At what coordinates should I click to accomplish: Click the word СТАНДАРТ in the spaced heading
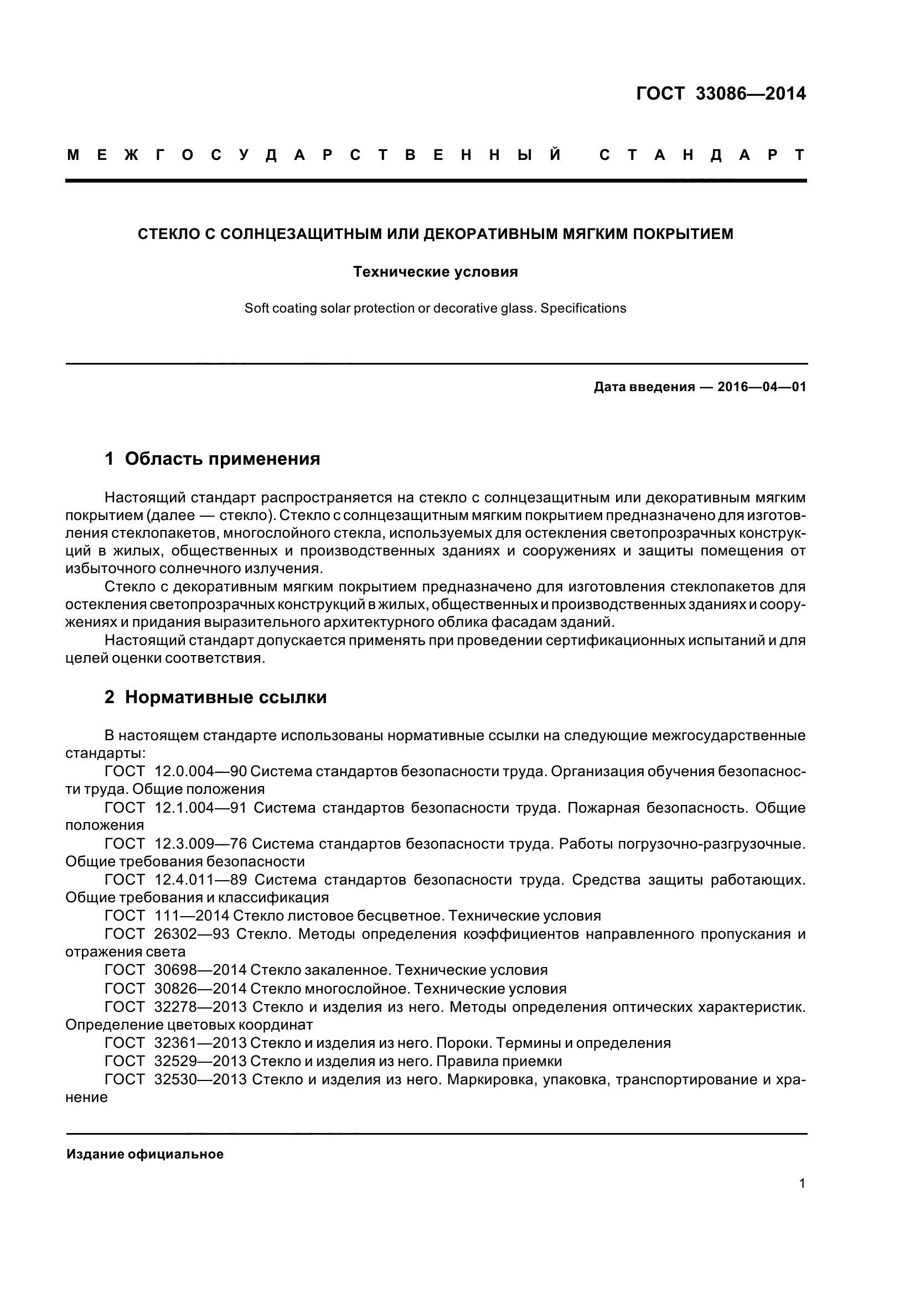[702, 155]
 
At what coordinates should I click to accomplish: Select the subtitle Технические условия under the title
[435, 272]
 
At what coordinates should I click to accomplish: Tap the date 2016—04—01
[762, 387]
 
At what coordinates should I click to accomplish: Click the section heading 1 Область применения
[213, 459]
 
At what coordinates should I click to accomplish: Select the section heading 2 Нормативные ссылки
[216, 697]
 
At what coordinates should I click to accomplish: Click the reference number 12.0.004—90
[200, 771]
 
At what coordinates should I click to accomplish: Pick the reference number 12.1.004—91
[200, 808]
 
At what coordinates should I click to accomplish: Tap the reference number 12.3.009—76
[200, 844]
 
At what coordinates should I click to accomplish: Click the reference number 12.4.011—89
[201, 880]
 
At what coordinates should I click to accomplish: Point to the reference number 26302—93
[192, 934]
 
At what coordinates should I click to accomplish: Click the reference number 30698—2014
[200, 970]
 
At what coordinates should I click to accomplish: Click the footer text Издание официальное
[145, 1154]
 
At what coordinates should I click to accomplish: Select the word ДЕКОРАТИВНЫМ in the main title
[490, 233]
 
